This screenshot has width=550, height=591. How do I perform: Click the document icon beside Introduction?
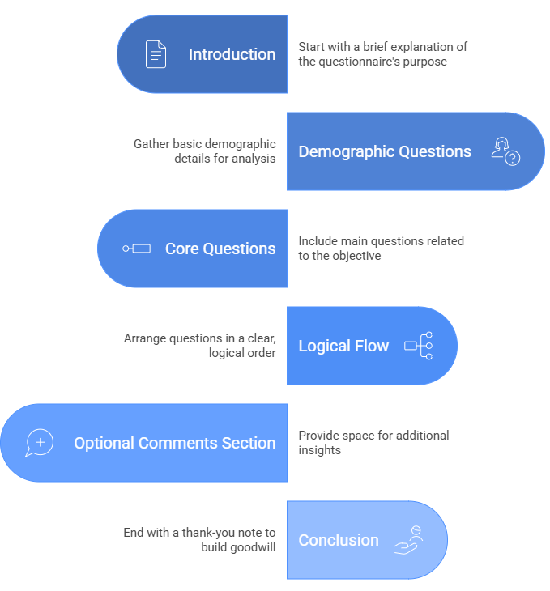156,54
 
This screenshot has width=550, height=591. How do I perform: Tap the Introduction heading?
232,54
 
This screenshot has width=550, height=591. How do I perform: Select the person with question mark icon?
505,151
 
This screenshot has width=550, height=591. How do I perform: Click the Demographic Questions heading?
385,151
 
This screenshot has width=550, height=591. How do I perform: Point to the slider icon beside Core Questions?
137,249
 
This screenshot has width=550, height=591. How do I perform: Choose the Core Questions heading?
220,249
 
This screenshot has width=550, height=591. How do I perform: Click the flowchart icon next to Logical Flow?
419,346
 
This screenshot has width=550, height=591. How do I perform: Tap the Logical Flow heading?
343,346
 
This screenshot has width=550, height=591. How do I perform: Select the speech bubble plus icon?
40,443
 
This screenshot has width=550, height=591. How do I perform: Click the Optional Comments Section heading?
174,443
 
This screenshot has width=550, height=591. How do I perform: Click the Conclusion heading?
339,540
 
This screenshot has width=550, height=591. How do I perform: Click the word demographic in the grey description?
240,144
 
